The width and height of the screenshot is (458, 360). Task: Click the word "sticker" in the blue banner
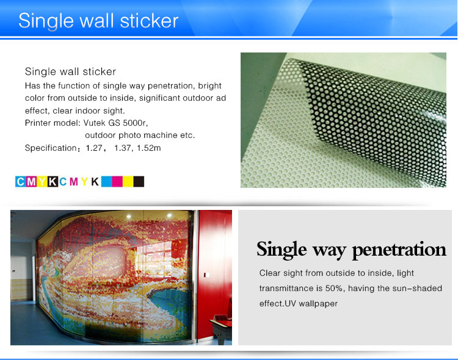coord(149,21)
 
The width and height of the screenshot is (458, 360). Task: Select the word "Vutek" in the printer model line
coord(94,123)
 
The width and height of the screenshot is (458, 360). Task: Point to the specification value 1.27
coord(94,148)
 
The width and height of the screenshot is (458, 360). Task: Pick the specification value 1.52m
coord(149,148)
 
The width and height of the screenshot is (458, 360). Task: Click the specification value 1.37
coord(122,148)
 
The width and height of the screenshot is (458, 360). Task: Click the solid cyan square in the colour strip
coord(107,181)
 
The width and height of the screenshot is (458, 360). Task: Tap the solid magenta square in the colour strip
coord(117,181)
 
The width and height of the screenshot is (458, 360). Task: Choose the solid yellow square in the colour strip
coord(128,181)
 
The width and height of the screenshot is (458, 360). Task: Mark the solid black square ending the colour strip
coord(139,181)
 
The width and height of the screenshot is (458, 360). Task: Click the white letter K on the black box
coord(53,182)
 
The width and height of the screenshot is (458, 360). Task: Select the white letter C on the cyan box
coord(20,182)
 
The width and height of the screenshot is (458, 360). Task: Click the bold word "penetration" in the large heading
coord(399,250)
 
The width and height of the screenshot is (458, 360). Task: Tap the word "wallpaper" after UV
coord(318,303)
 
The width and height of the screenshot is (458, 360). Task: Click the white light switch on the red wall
coord(206,275)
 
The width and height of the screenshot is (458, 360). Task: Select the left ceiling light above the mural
coord(129,217)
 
